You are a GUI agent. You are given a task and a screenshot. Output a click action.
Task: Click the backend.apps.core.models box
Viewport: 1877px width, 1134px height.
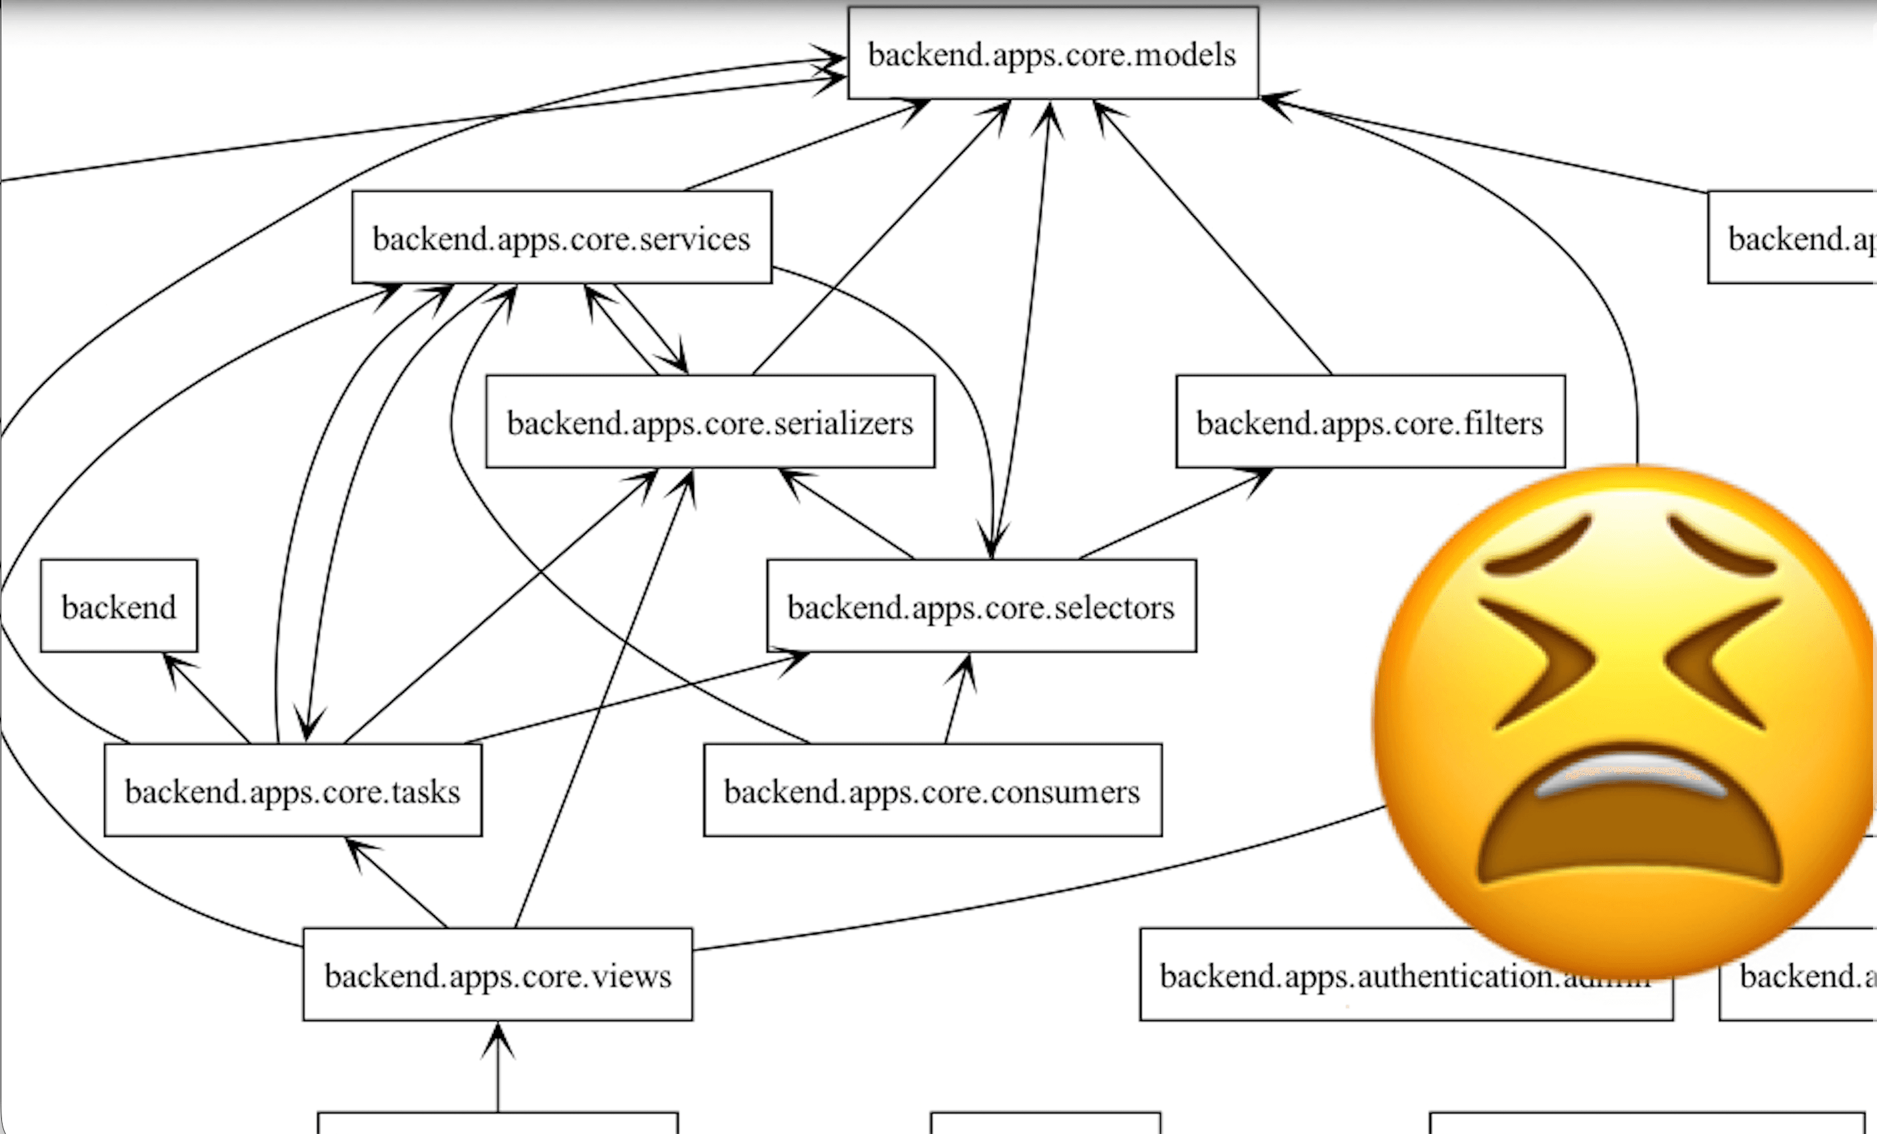[x=1053, y=53]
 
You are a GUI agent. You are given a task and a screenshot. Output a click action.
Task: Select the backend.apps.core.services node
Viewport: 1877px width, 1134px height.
[x=561, y=238]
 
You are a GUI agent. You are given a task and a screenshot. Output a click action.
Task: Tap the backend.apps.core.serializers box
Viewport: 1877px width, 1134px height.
[x=710, y=422]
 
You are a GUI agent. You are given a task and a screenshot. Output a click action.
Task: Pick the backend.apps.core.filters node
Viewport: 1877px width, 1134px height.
[x=1370, y=422]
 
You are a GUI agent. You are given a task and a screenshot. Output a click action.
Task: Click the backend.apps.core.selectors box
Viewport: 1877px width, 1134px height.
[x=981, y=606]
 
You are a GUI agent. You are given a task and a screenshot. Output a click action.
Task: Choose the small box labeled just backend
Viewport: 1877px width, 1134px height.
[x=119, y=606]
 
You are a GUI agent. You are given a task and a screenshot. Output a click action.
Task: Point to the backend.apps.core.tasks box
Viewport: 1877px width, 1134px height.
[x=292, y=791]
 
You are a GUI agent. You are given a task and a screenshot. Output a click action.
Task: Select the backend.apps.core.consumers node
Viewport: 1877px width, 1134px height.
[x=933, y=791]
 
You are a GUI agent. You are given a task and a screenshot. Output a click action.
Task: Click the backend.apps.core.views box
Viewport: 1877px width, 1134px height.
[x=497, y=975]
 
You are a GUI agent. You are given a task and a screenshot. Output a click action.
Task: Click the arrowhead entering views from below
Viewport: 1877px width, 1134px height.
[x=497, y=1039]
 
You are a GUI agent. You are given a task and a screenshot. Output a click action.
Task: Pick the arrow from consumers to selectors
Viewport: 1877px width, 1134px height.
[x=956, y=701]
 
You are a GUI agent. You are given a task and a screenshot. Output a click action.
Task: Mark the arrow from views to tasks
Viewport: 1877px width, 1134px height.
[x=396, y=883]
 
